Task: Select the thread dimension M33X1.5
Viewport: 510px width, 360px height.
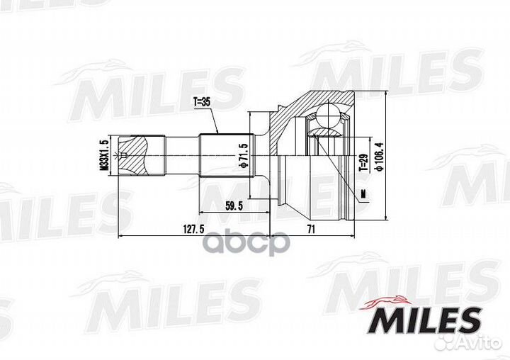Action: click(103, 155)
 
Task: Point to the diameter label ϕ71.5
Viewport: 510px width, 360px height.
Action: click(242, 155)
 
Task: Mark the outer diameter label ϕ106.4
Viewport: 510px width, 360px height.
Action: click(379, 157)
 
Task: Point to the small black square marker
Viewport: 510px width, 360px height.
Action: click(362, 193)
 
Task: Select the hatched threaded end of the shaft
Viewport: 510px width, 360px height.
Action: click(135, 155)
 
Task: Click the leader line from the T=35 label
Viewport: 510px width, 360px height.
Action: click(211, 120)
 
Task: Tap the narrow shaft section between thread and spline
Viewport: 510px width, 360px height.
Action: click(181, 155)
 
